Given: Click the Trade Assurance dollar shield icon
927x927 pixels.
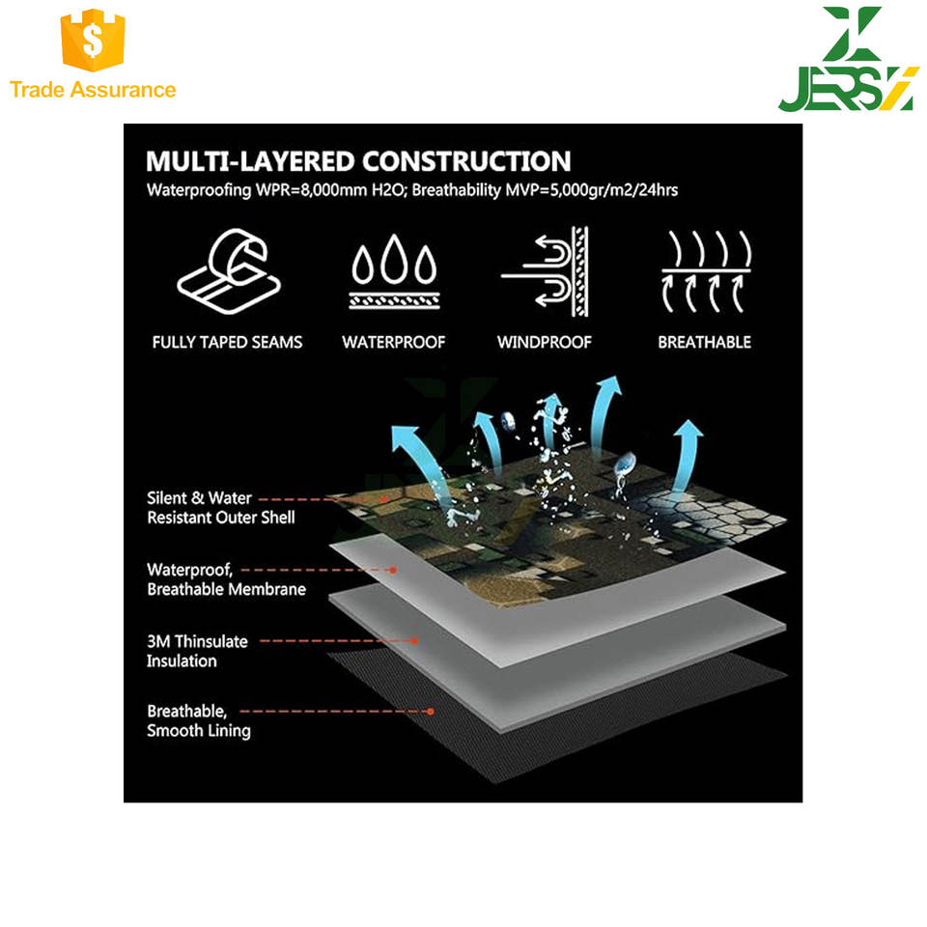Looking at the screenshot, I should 93,42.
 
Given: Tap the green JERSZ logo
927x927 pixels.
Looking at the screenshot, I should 845,60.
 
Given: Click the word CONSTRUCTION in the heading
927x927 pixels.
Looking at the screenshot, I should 466,160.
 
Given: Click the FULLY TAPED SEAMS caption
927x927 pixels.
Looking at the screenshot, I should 227,342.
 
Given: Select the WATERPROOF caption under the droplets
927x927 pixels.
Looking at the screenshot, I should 393,342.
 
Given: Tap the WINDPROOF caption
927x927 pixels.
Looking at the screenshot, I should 544,342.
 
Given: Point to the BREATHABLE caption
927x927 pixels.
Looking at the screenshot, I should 704,342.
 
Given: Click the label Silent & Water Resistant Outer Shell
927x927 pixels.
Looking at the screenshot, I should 220,508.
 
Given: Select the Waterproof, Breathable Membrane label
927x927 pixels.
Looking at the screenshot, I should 225,579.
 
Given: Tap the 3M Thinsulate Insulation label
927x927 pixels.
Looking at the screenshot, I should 197,651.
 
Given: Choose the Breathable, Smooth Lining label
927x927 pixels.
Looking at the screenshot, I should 198,720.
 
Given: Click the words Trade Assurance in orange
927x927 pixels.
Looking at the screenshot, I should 93,90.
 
